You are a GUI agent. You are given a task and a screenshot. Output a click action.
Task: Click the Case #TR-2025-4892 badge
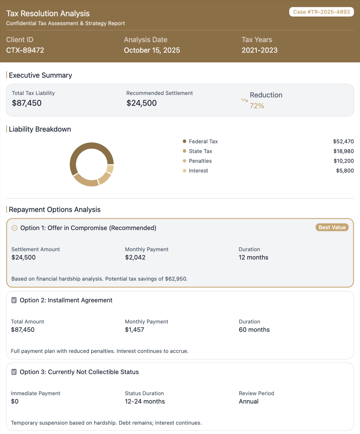[x=321, y=12]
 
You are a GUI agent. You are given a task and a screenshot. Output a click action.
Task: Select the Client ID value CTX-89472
[x=25, y=50]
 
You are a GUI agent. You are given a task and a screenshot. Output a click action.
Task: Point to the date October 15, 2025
[x=152, y=50]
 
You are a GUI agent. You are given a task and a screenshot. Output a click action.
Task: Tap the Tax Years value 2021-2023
[x=259, y=50]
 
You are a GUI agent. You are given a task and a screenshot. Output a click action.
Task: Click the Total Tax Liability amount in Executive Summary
[x=27, y=103]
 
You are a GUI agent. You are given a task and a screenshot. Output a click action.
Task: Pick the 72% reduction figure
[x=257, y=106]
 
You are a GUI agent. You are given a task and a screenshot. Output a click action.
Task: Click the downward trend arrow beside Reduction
[x=244, y=100]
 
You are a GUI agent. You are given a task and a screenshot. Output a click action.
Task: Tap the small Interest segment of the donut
[x=110, y=169]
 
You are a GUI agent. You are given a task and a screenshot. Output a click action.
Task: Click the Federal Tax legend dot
[x=184, y=141]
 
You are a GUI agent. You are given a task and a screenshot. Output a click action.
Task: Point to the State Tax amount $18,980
[x=343, y=151]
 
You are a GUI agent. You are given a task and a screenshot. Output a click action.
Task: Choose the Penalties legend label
[x=200, y=161]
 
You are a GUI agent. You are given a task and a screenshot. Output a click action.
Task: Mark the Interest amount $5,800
[x=345, y=171]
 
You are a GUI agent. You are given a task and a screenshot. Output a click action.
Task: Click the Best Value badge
[x=332, y=227]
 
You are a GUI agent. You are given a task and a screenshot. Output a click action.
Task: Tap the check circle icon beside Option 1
[x=14, y=228]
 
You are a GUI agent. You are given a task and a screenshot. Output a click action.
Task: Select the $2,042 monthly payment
[x=135, y=257]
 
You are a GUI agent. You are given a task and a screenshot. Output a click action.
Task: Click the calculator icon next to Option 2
[x=14, y=300]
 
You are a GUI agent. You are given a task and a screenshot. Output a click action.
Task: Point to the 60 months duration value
[x=254, y=330]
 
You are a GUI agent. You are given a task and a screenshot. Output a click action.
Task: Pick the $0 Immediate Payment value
[x=15, y=401]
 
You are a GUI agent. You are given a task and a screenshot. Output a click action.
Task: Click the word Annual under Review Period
[x=249, y=401]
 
